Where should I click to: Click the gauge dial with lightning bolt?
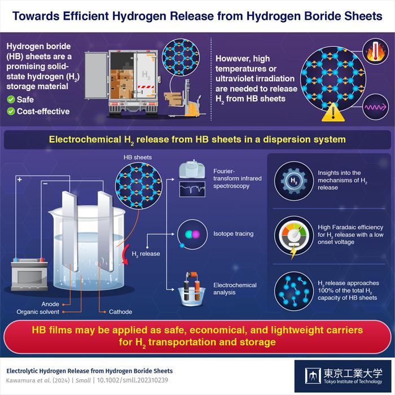(x=293, y=235)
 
